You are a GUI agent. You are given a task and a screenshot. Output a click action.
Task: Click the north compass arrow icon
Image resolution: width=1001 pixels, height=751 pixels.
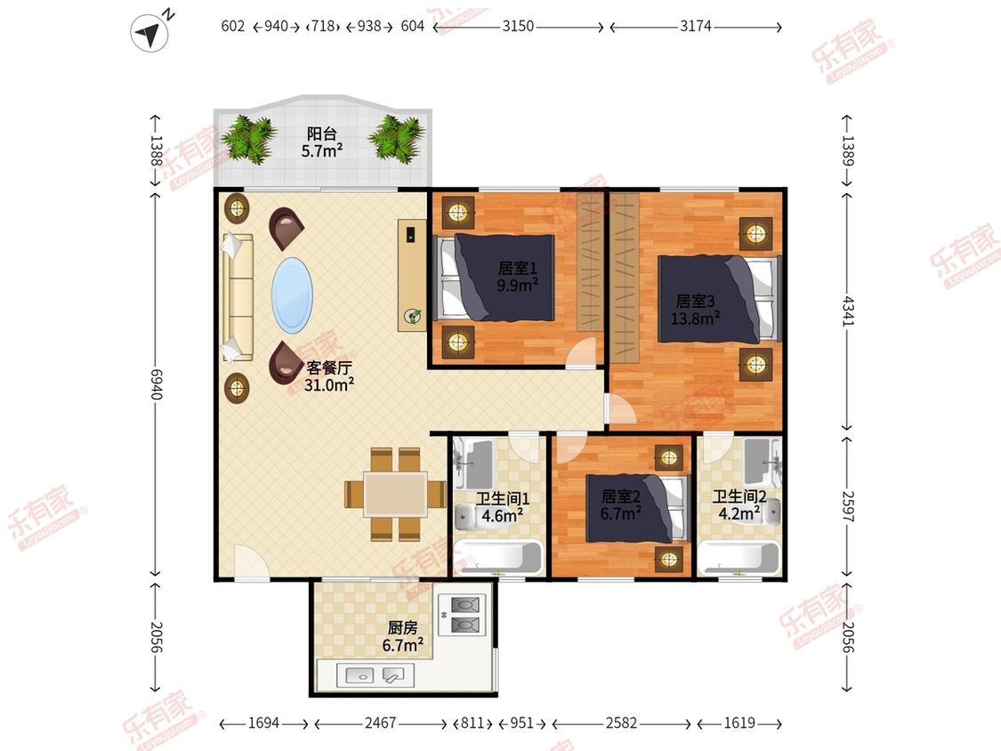[150, 32]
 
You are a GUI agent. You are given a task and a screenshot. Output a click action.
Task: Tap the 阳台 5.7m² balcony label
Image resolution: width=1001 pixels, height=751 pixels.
[322, 142]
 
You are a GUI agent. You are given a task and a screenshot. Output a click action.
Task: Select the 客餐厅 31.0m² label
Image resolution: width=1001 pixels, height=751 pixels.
[328, 376]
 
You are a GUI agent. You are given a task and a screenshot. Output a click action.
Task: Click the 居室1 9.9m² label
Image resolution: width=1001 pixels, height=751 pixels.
[518, 277]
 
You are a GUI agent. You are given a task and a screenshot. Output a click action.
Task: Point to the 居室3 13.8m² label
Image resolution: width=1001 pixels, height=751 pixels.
[695, 309]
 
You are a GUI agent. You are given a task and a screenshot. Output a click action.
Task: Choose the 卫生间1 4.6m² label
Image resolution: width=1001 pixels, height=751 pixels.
[503, 507]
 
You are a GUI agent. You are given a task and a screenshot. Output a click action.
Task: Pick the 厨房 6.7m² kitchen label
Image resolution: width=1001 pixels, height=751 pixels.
[402, 637]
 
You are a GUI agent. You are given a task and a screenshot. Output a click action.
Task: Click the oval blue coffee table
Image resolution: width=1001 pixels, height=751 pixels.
[293, 295]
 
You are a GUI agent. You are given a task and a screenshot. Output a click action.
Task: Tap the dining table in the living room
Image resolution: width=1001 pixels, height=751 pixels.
[395, 494]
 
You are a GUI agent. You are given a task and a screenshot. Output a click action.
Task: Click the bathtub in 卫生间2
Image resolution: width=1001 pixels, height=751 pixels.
[739, 558]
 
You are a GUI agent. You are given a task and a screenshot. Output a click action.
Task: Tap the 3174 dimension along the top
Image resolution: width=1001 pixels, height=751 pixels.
[695, 27]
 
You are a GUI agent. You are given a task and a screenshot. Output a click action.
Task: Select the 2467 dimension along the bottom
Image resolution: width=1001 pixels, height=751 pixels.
[381, 723]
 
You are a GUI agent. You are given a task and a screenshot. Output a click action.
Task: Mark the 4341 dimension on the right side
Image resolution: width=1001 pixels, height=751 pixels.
[847, 311]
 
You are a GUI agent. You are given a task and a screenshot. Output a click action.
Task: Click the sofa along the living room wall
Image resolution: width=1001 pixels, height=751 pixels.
[238, 297]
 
